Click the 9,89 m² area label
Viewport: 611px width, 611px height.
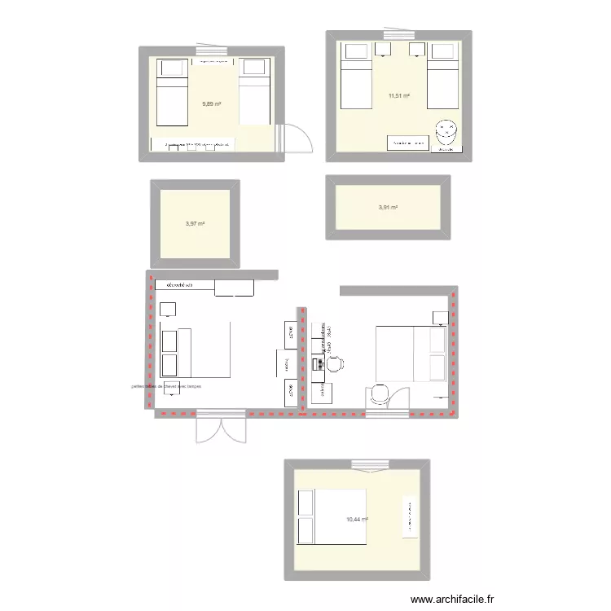(212, 104)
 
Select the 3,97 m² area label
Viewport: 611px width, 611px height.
(195, 223)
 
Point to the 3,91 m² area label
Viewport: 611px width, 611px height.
(388, 208)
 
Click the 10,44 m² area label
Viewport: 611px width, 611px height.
(357, 520)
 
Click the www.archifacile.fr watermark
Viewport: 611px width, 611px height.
(453, 599)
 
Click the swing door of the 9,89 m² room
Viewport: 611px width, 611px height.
(296, 138)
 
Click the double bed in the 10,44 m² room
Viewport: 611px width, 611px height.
(332, 516)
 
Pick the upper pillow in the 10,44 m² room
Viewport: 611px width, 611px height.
(307, 503)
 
